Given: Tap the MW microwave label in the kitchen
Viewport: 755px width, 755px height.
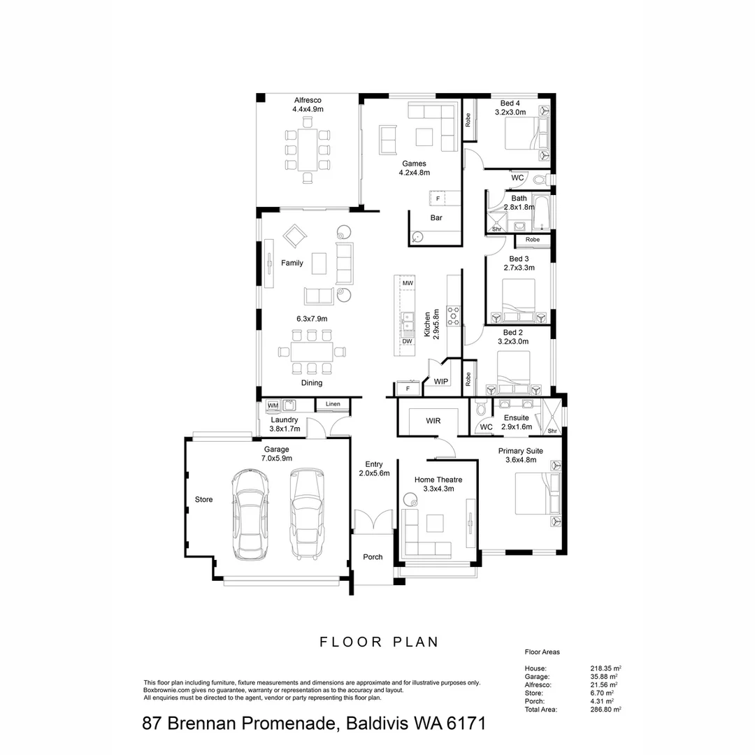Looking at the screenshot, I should click(407, 283).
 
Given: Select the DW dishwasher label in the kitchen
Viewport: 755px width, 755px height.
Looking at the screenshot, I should click(407, 341).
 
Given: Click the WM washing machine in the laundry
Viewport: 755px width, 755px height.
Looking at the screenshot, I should click(273, 405).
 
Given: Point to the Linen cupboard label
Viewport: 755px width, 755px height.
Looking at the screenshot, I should click(333, 404).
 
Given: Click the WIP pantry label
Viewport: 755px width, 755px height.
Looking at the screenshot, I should click(441, 382).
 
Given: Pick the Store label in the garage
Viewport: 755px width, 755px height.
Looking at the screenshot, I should click(203, 499).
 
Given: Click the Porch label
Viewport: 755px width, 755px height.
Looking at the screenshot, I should click(373, 556).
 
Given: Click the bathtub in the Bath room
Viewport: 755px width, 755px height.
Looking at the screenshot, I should click(542, 213).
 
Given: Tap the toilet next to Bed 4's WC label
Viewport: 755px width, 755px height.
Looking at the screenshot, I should click(540, 180).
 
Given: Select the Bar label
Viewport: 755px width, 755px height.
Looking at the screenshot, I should click(436, 217).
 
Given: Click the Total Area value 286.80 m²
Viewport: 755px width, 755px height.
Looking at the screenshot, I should click(606, 709).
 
